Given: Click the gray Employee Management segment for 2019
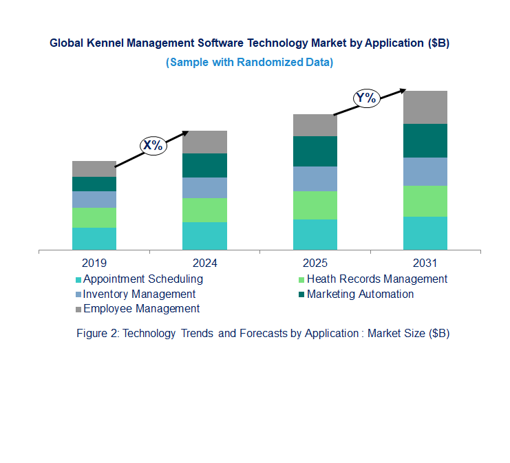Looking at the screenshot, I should point(94,169).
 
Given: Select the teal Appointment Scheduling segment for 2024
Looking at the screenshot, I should point(204,235).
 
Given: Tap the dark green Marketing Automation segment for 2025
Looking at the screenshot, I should point(315,151).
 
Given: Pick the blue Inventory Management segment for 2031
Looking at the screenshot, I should point(425,171).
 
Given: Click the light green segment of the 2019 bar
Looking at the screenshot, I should point(94,217).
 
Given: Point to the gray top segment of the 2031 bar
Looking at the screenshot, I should point(425,107).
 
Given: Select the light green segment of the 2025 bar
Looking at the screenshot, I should point(315,205).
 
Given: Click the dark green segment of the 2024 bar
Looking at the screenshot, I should point(204,165).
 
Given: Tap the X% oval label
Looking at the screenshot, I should point(152,145).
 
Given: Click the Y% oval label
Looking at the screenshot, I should point(365,98).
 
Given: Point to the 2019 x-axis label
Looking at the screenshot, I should point(94,263).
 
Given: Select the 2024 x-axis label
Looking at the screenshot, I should point(204,263).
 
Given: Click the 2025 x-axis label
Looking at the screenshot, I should point(315,263).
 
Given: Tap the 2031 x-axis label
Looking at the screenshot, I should point(425,263).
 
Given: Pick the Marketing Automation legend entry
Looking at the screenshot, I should point(360,294).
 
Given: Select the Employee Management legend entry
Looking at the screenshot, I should point(141,308).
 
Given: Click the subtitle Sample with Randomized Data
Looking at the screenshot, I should point(249,63).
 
